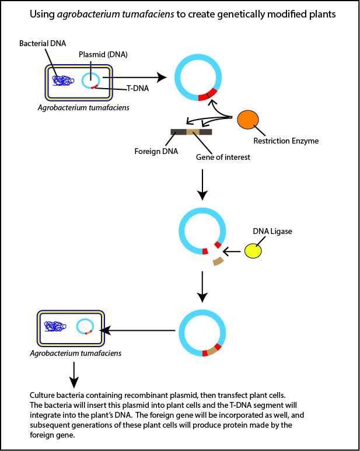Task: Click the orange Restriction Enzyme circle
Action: (x=247, y=120)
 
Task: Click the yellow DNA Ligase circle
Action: (x=253, y=250)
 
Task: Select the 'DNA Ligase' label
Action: (x=272, y=232)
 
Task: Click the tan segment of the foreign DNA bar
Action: (x=193, y=132)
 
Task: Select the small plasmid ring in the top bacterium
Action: (x=90, y=81)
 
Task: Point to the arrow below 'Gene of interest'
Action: (x=201, y=183)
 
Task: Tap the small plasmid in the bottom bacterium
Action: (x=85, y=326)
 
